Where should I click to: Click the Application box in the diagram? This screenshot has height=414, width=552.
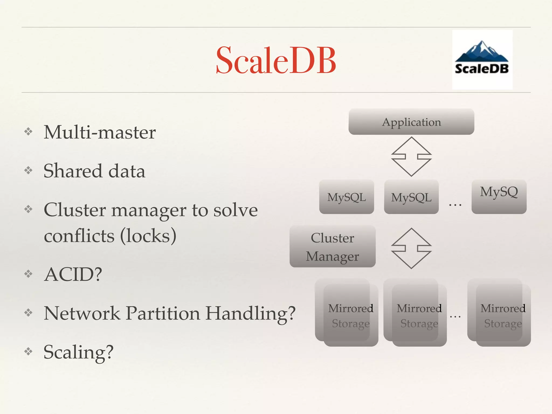(411, 122)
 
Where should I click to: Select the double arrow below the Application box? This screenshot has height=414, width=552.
(411, 157)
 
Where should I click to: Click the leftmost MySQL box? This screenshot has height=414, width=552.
(346, 197)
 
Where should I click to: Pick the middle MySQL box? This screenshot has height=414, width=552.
(411, 197)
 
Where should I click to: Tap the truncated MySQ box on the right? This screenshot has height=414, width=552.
(499, 196)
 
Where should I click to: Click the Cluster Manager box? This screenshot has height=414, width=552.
(332, 247)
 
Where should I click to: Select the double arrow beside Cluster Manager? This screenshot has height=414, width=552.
(411, 248)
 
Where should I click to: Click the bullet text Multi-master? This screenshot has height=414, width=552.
(100, 132)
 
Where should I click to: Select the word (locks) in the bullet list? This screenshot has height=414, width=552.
(148, 236)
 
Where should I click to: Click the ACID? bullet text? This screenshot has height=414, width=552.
(73, 274)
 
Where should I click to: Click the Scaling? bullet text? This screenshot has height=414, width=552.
(78, 352)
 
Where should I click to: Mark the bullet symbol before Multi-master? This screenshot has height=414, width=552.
(28, 132)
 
